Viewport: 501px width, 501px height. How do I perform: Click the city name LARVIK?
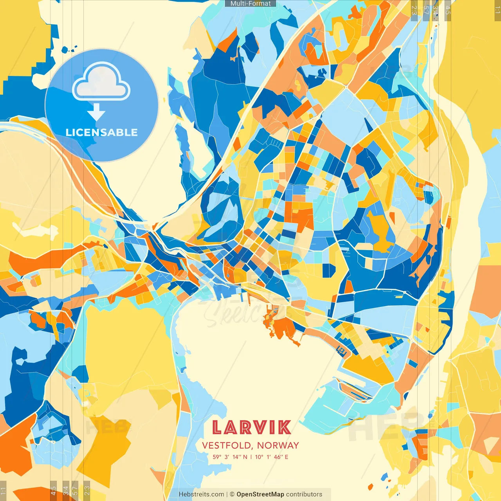tap(251, 427)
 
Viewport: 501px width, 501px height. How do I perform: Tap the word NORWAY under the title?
tap(278, 445)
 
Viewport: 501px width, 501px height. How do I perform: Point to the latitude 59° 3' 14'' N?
tap(230, 457)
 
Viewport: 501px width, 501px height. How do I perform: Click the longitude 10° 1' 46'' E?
tap(272, 457)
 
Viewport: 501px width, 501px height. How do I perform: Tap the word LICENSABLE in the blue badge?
tap(102, 132)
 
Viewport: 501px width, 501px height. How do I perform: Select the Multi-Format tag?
tap(250, 4)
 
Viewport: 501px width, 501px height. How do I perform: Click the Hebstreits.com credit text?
tap(201, 494)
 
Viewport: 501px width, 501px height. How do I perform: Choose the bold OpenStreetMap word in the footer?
tap(260, 494)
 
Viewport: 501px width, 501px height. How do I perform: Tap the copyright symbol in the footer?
tap(232, 494)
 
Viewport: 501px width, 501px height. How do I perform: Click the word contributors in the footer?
tap(304, 494)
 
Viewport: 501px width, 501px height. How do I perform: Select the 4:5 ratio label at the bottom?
tap(53, 490)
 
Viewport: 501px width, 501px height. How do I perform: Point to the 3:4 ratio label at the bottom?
tap(66, 490)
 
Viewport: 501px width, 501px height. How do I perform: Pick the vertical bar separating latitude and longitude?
tap(251, 457)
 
